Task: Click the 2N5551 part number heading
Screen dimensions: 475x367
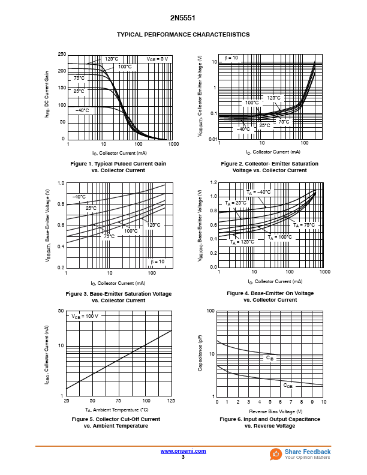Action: (183, 19)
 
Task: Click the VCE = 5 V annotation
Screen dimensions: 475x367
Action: (157, 59)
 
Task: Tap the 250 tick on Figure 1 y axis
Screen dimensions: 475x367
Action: (62, 55)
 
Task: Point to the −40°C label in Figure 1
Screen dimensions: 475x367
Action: (82, 110)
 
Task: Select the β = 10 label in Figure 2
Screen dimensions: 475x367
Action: (231, 58)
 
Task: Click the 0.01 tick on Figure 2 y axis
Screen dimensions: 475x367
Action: (212, 139)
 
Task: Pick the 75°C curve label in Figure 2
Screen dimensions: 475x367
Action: (284, 122)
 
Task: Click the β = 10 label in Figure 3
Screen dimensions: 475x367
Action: (158, 261)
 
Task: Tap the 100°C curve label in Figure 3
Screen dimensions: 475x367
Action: (131, 231)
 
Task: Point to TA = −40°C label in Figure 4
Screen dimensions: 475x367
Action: (258, 192)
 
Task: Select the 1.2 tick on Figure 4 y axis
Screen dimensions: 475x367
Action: (212, 182)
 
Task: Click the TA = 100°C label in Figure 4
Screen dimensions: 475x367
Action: (279, 237)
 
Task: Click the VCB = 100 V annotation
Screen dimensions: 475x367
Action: (85, 315)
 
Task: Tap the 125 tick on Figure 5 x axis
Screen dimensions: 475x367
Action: (172, 401)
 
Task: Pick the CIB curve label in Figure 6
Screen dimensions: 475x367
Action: (270, 357)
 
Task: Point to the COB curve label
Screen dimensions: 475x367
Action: (288, 386)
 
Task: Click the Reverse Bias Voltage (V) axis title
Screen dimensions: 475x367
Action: (276, 411)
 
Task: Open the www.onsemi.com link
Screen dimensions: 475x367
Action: (183, 451)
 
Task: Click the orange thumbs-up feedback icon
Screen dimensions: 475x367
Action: (276, 454)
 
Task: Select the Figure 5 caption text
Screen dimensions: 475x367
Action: (116, 422)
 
